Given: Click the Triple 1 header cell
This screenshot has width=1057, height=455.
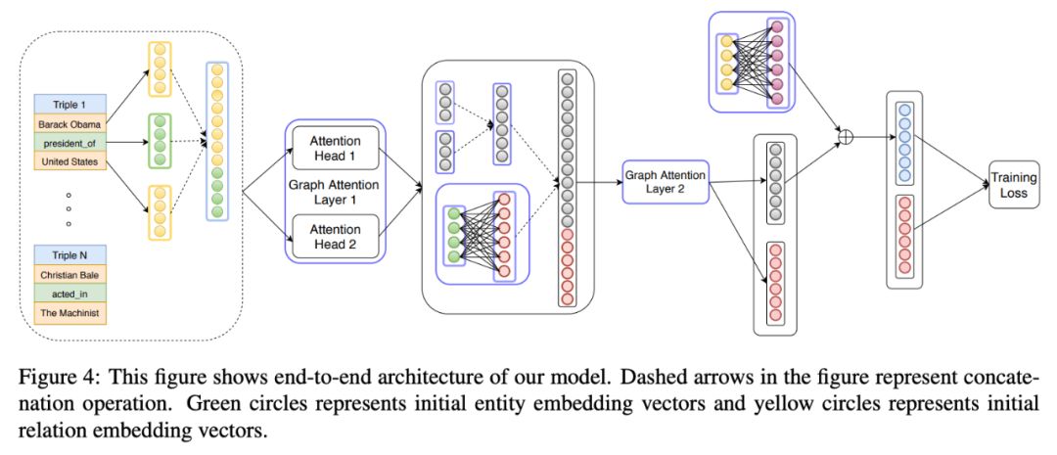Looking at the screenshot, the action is tap(70, 105).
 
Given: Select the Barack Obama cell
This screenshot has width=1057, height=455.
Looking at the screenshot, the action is tap(70, 124).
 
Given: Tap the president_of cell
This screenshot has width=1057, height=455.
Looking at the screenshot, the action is tap(70, 143).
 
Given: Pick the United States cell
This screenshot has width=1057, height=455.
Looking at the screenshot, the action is tap(70, 161).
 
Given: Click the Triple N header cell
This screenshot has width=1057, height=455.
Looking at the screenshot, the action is tap(70, 255).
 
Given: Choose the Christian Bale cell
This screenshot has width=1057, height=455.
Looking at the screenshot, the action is tap(70, 275).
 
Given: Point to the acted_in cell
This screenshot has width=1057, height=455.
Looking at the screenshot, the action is tap(70, 294).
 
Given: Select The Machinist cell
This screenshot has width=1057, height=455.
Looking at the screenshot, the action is tap(70, 313).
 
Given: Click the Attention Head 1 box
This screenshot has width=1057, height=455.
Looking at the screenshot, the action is tap(335, 149).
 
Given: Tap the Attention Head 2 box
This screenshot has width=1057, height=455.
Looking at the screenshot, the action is tap(335, 237).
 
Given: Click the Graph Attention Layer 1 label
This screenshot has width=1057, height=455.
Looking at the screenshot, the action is tap(335, 193).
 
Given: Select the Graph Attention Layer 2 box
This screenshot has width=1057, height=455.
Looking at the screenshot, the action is tap(666, 182).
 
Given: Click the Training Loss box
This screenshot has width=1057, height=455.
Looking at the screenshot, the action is tap(1013, 185).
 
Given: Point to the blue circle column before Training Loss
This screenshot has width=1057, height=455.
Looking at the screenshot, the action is tap(904, 142).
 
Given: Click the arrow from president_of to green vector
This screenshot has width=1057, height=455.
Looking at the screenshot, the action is tap(127, 142).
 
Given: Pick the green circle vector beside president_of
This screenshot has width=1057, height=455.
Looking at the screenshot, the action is tap(160, 141).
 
